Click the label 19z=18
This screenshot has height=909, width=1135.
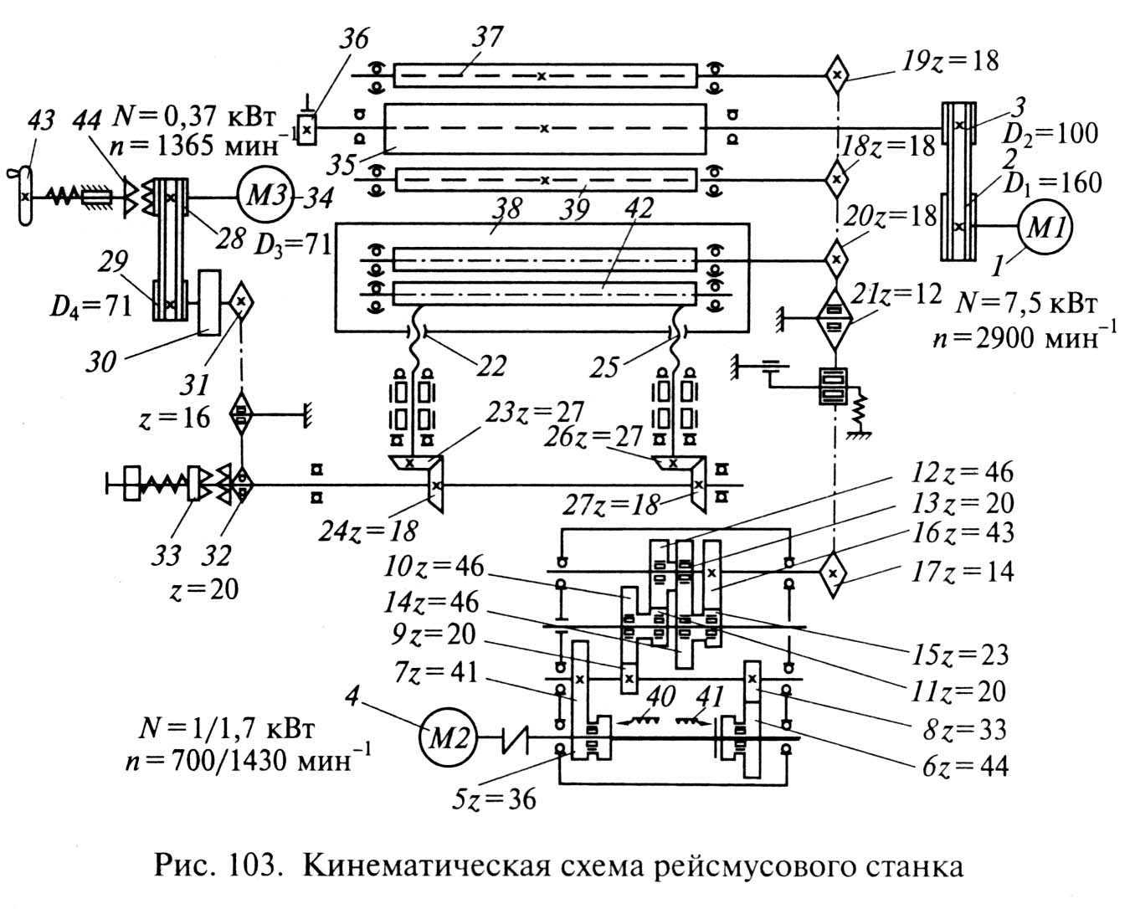point(950,61)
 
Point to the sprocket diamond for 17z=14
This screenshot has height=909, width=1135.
point(833,573)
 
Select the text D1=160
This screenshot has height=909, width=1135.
point(1052,183)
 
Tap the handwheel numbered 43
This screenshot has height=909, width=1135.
point(25,195)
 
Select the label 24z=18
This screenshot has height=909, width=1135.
point(368,532)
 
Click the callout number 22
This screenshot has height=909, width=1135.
point(491,365)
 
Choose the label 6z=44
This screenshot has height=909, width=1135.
point(966,766)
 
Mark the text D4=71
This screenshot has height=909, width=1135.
point(90,307)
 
